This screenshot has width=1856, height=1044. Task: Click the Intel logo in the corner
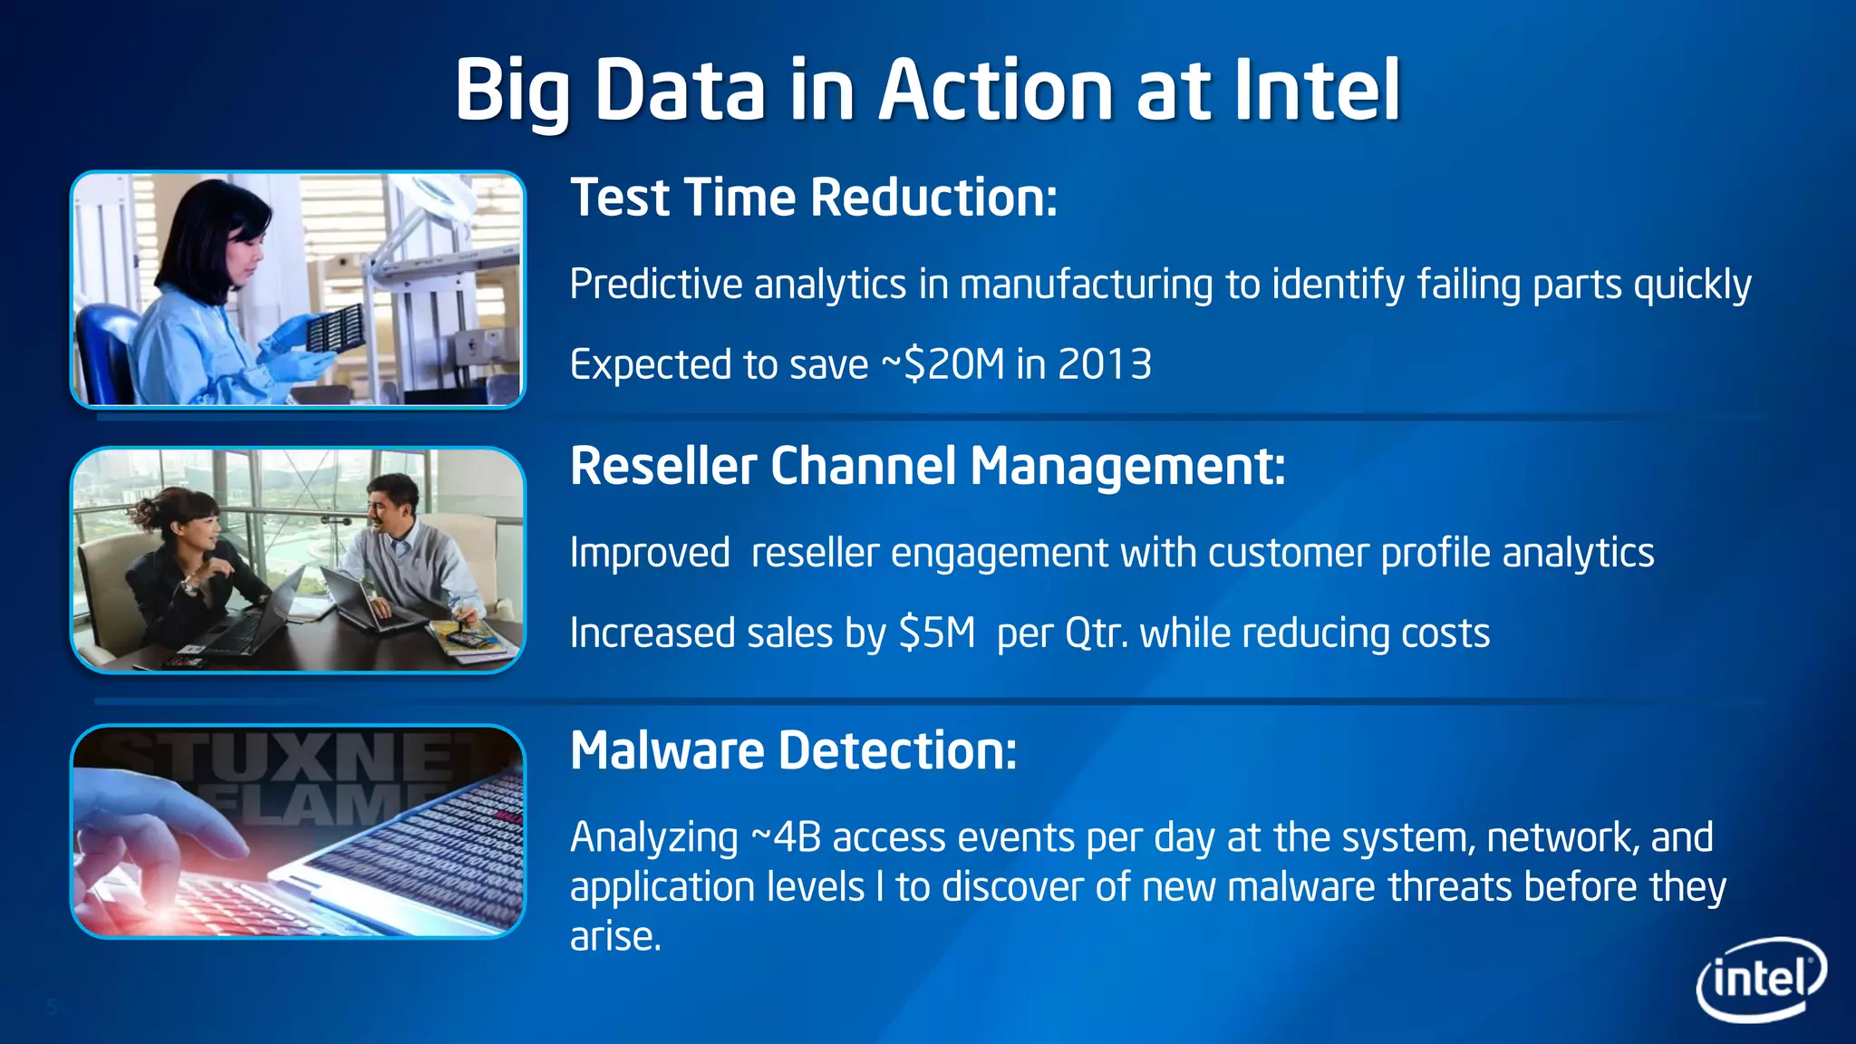(x=1761, y=979)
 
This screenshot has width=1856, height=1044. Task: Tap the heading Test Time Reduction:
(x=813, y=198)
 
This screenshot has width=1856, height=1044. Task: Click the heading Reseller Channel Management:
(x=927, y=466)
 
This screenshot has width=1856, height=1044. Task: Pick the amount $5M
(x=936, y=633)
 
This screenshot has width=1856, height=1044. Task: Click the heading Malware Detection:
(x=793, y=750)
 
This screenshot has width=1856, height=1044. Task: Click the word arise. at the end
(x=615, y=936)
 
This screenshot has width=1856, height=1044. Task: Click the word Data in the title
(x=680, y=90)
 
